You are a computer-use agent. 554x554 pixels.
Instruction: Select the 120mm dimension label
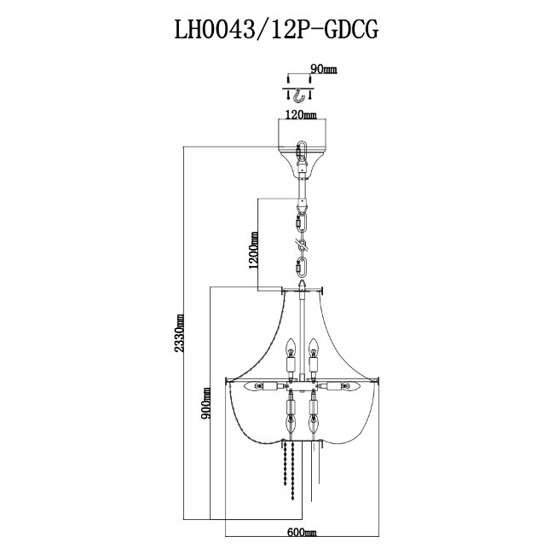click(x=302, y=114)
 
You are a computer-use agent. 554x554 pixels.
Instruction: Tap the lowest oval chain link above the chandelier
click(x=300, y=264)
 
